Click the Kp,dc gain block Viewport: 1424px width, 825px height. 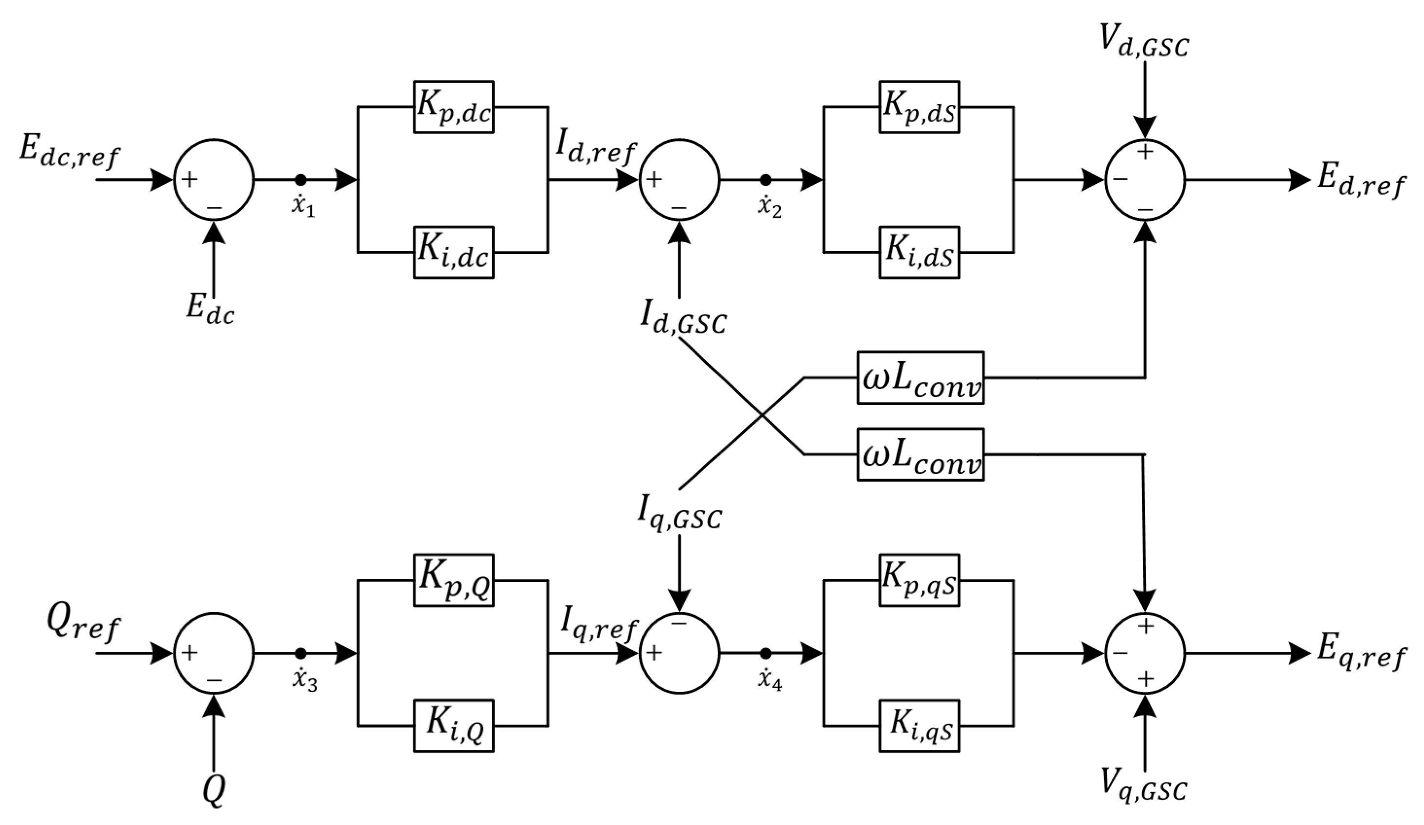(x=454, y=108)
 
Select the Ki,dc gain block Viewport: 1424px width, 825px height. (x=454, y=252)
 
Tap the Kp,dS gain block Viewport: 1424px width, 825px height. (x=919, y=108)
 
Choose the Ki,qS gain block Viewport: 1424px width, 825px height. (x=919, y=726)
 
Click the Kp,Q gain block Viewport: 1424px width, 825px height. (x=454, y=580)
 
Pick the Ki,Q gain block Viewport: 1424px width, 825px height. (x=454, y=726)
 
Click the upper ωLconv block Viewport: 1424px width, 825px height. (x=921, y=377)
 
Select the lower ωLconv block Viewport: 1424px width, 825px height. (x=921, y=454)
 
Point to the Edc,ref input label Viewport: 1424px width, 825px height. (x=69, y=151)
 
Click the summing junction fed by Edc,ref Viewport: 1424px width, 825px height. (x=214, y=179)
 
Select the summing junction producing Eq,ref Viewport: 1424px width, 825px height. (x=1145, y=653)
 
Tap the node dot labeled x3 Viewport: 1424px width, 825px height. (x=301, y=653)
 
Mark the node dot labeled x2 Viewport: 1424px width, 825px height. (x=765, y=179)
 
